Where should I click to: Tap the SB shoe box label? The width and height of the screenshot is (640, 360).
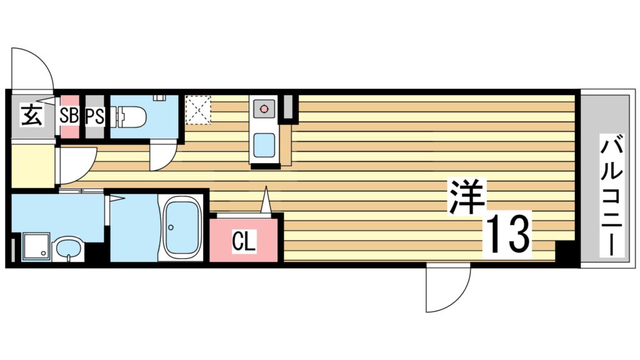69,116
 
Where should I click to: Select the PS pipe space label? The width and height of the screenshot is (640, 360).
94,116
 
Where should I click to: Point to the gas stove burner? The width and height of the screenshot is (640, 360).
263,110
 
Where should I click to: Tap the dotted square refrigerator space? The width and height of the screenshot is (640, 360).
199,109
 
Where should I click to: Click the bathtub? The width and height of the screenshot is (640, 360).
181,227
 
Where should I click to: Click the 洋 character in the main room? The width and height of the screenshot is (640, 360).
466,197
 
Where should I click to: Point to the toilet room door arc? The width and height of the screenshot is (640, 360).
162,157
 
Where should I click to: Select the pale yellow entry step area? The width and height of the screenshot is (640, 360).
32,166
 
